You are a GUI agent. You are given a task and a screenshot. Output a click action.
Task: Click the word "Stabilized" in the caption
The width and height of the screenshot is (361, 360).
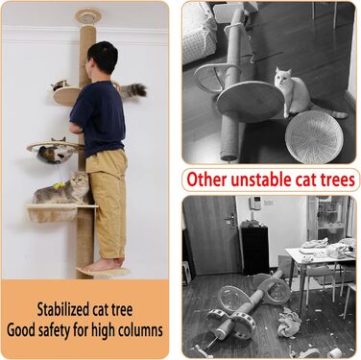point(62,310)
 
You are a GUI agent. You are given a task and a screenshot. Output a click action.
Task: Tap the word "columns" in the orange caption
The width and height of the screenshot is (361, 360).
point(137,329)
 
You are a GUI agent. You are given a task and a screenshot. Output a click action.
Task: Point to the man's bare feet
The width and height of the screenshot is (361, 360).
point(104,265)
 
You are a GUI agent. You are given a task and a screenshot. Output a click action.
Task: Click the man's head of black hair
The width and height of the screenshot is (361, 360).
point(103,57)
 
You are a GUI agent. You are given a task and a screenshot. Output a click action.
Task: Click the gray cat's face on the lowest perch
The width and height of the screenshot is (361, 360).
point(79,182)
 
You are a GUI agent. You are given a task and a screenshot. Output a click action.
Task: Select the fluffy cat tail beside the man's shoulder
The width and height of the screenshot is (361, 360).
point(132,90)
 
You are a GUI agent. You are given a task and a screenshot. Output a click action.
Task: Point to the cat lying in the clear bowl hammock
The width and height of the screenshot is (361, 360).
point(55,153)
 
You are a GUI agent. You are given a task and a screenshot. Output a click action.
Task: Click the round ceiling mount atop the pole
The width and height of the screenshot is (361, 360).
point(88,15)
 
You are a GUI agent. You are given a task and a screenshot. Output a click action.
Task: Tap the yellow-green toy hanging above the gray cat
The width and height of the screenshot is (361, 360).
point(59,185)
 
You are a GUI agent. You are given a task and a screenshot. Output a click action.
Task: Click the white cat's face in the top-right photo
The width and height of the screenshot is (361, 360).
point(281,76)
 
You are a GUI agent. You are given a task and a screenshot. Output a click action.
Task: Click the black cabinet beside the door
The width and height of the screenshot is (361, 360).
point(254,250)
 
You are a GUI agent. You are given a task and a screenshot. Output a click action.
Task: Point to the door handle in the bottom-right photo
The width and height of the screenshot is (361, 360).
point(230,220)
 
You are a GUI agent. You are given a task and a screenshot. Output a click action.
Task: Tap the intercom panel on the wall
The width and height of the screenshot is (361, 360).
point(255,203)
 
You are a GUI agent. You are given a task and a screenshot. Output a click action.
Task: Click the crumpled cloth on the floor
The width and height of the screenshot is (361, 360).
point(289,322)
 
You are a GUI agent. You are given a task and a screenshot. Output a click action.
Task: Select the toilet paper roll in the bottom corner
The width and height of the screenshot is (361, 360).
point(335,352)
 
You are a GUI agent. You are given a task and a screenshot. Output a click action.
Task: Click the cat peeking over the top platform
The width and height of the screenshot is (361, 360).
point(60,85)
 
